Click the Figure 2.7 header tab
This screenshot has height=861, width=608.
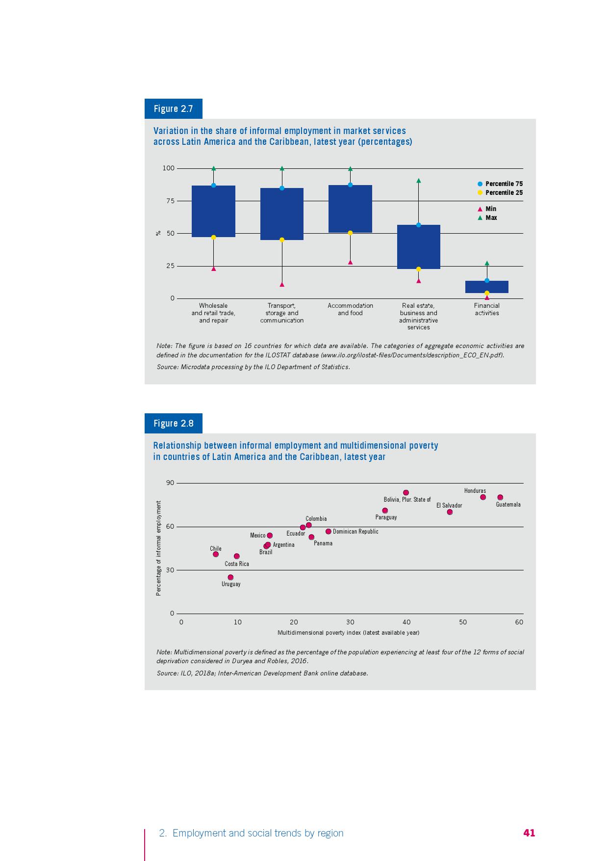[173, 108]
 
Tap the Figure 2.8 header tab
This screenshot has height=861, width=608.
[173, 423]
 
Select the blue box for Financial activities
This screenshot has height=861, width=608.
[486, 287]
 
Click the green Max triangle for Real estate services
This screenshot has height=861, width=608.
[418, 181]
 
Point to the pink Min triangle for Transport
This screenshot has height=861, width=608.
[282, 285]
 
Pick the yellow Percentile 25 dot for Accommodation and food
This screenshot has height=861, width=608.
[350, 233]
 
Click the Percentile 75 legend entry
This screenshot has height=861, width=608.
[500, 184]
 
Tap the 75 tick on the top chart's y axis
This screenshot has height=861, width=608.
[168, 201]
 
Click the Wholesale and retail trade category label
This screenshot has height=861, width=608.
[213, 313]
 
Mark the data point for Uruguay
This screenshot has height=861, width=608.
[230, 577]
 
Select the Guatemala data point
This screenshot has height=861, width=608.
[500, 497]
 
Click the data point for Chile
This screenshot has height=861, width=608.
[216, 554]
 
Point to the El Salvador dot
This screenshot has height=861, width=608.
[450, 512]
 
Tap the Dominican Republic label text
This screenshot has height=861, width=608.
[355, 532]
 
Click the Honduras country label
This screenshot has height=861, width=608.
[475, 491]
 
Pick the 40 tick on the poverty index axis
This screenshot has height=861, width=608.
[406, 622]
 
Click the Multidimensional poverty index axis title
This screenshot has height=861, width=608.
[348, 632]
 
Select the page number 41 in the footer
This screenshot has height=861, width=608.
[529, 833]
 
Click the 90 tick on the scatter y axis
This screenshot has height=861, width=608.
[170, 483]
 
